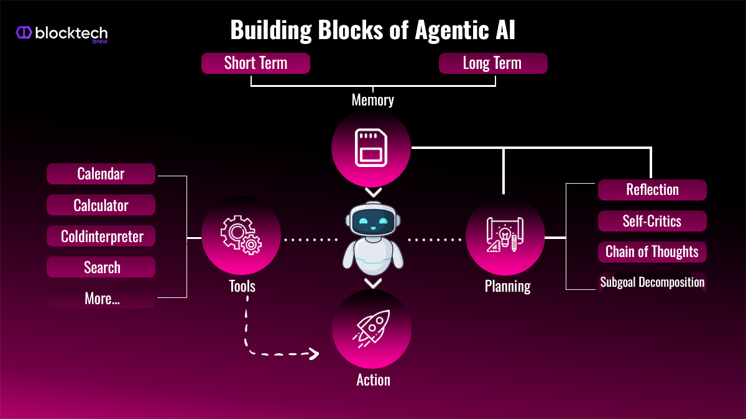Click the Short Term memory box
[256, 63]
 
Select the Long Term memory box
[492, 63]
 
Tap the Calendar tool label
[101, 174]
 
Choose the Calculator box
[101, 205]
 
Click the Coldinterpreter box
[101, 236]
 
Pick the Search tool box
[101, 268]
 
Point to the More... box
[101, 299]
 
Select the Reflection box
[652, 190]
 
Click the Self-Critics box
[652, 221]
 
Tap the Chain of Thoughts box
[652, 252]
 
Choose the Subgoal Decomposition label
[652, 283]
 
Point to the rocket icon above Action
[371, 328]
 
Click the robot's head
[372, 220]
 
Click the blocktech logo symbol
[24, 33]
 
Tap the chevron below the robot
[372, 284]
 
